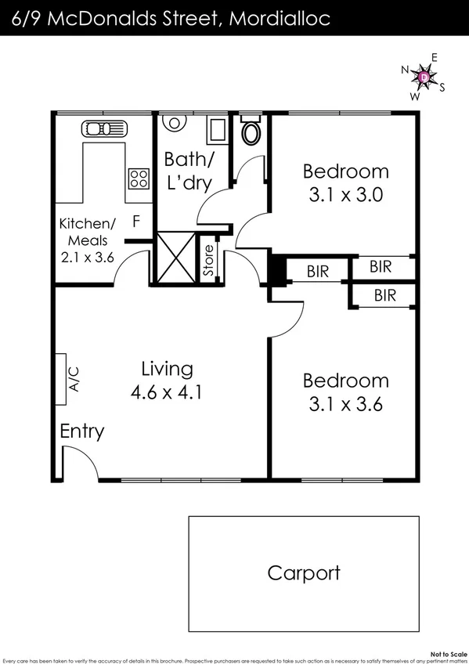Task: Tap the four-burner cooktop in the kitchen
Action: pyautogui.click(x=139, y=179)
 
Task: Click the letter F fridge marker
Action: pyautogui.click(x=136, y=222)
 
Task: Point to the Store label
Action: pyautogui.click(x=208, y=262)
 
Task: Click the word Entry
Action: pyautogui.click(x=82, y=431)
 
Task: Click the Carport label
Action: pyautogui.click(x=304, y=572)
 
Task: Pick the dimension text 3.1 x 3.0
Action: pyautogui.click(x=345, y=196)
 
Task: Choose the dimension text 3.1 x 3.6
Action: pyautogui.click(x=345, y=406)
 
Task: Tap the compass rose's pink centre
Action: pyautogui.click(x=424, y=78)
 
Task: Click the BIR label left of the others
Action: pyautogui.click(x=317, y=272)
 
